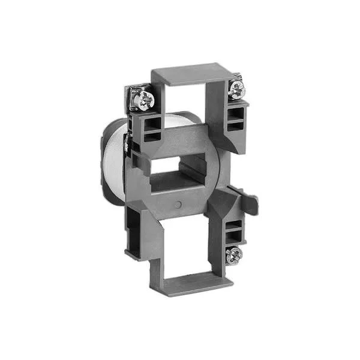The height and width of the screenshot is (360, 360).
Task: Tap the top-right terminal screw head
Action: coord(237,88)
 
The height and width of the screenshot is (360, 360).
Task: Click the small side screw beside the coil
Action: coord(127,144)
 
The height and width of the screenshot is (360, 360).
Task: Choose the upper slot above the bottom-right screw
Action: coord(235,225)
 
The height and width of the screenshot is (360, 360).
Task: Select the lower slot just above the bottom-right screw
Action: coord(235,236)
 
